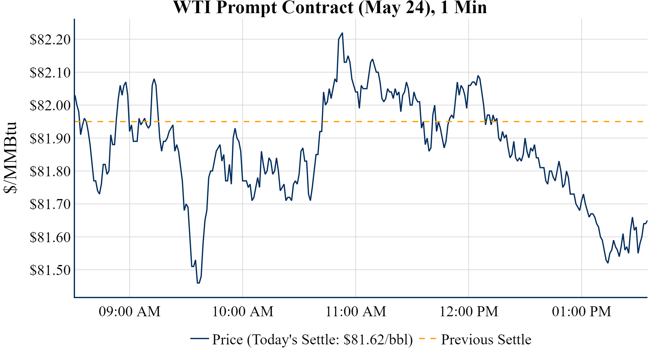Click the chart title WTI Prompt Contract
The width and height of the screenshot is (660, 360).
pos(330,7)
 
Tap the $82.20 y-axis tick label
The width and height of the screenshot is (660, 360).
pos(50,40)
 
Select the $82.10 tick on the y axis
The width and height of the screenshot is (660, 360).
pos(50,72)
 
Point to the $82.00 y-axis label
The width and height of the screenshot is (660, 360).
pos(50,106)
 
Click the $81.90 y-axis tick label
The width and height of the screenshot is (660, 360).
pos(50,138)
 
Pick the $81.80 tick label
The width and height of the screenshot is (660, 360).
pos(50,171)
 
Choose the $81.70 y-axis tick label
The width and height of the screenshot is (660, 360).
pos(50,204)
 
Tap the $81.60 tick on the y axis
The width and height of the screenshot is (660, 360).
pos(50,237)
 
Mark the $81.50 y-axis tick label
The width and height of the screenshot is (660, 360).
pos(50,270)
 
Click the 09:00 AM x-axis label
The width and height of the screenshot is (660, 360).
pos(130,312)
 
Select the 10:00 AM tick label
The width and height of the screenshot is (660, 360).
pos(243,312)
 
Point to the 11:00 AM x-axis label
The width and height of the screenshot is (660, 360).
pos(356,312)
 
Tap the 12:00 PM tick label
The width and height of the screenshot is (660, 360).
pos(469,312)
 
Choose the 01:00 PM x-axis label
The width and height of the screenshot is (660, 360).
pos(582,312)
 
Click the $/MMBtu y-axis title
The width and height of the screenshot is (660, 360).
pos(11,158)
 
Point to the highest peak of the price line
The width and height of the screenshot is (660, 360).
pos(342,33)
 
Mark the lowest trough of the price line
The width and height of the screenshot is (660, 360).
pos(198,283)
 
